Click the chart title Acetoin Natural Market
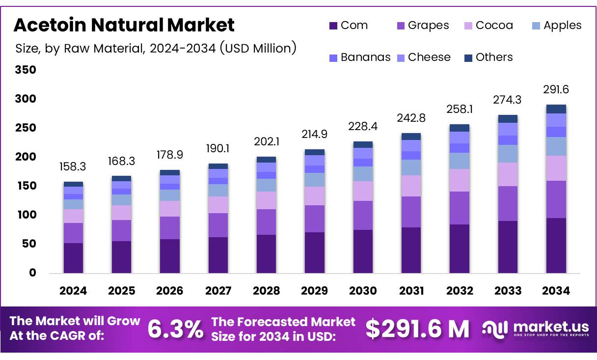tap(124, 25)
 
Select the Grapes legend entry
tap(422, 26)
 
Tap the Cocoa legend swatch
tap(469, 26)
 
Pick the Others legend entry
tap(488, 57)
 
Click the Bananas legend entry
tap(359, 57)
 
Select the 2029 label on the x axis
tap(315, 291)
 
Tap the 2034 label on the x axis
tap(556, 291)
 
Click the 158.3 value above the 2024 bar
tap(73, 167)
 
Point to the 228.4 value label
tap(363, 127)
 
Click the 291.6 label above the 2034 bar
tap(556, 89)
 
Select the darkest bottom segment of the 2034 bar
tap(556, 246)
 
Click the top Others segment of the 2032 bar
tap(460, 128)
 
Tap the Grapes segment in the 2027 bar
tap(218, 225)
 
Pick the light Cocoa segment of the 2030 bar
tap(363, 191)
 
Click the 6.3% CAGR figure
tap(175, 329)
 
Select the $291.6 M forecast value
tap(417, 329)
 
